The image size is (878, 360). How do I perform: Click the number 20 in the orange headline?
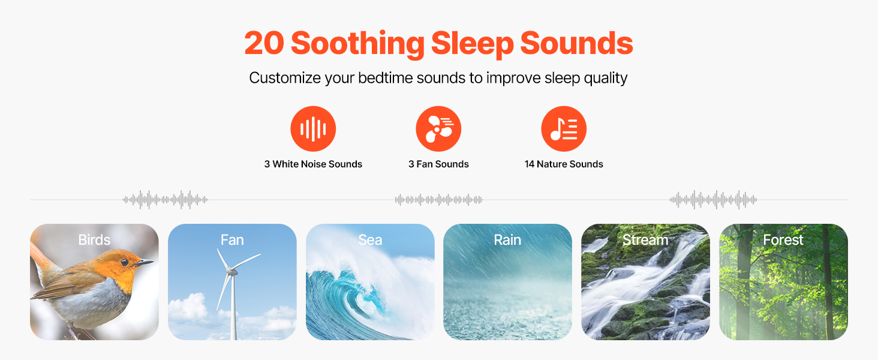coord(264,43)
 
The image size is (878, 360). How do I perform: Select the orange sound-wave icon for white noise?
coord(313,128)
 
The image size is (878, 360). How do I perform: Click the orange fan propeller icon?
coord(438,128)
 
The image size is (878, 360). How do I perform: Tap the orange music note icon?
coord(564,128)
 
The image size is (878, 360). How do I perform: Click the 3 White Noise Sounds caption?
coord(313,164)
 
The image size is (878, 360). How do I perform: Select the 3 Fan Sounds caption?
coord(438,164)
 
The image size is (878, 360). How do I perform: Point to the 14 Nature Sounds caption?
coord(564,164)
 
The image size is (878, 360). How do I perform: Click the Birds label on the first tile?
coord(95,239)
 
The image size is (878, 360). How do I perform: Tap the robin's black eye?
coord(124,262)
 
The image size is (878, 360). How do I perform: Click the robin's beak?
coord(144,262)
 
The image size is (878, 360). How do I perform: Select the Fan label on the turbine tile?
coord(232,239)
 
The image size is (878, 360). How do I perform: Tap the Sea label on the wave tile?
coord(370,239)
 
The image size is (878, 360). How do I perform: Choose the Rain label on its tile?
coord(507,239)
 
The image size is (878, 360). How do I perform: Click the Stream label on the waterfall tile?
coord(645,239)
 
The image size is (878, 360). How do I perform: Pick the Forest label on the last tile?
coord(783,239)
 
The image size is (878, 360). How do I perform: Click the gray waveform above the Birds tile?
coord(165,200)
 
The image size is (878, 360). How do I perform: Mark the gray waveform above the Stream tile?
coord(714,200)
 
